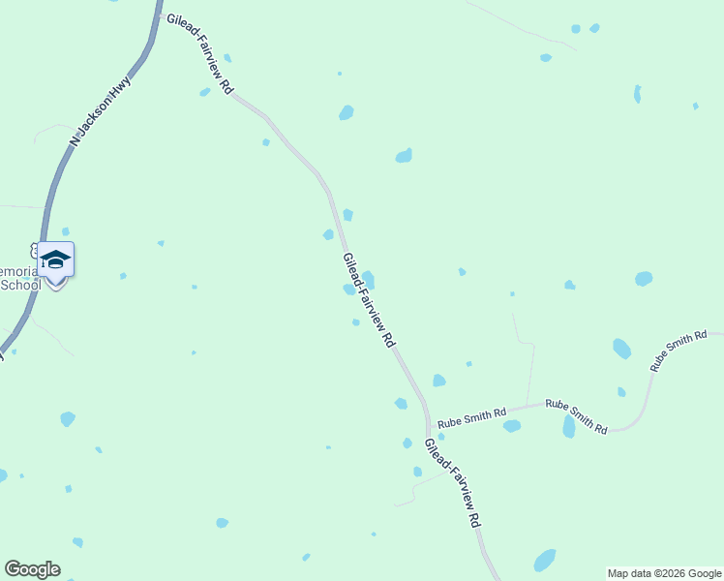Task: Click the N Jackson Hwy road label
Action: pos(100,112)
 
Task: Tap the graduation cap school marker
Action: pos(55,260)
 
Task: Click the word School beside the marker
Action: pos(21,285)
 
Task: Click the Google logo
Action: pos(32,569)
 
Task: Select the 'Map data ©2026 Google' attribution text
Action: pos(664,573)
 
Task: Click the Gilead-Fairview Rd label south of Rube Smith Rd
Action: pos(452,481)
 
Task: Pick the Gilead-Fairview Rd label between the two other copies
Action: pos(369,300)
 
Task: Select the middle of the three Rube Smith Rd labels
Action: pos(576,415)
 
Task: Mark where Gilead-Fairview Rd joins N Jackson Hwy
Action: pos(159,14)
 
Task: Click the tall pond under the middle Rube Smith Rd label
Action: pos(569,427)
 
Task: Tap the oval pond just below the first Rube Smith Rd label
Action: pos(512,426)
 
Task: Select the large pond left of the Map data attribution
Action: pos(545,561)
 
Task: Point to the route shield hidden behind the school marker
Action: pos(37,250)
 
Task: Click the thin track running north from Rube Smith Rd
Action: pos(529,368)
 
